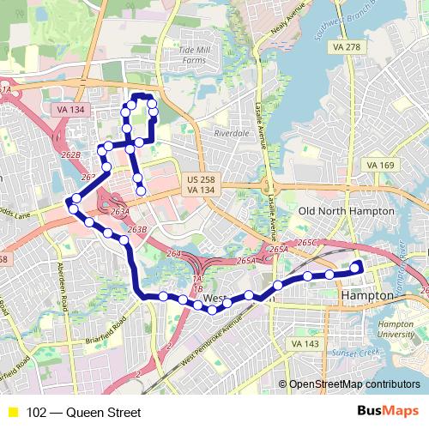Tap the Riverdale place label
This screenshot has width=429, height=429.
pyautogui.click(x=231, y=134)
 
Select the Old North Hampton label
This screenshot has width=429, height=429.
pyautogui.click(x=332, y=211)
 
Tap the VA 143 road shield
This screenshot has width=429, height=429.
pyautogui.click(x=305, y=343)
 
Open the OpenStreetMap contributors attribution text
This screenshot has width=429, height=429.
pyautogui.click(x=354, y=384)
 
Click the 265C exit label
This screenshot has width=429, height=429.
pyautogui.click(x=307, y=243)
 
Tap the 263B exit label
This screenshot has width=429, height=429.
pyautogui.click(x=137, y=230)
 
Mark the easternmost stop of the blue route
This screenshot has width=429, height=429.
pyautogui.click(x=355, y=269)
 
